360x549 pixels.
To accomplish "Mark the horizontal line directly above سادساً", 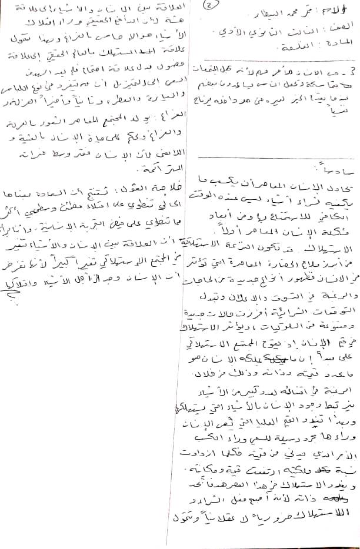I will point(276,157).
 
